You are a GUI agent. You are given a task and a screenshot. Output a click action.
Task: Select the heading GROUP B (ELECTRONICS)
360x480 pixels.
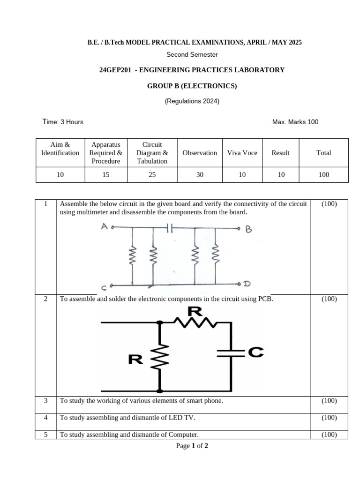pyautogui.click(x=192, y=86)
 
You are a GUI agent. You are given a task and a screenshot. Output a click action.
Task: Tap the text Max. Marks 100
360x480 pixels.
pyautogui.click(x=295, y=122)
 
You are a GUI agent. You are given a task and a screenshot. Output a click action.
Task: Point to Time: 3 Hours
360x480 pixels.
pyautogui.click(x=63, y=122)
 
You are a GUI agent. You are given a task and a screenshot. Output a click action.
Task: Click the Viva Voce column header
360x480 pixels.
pyautogui.click(x=242, y=153)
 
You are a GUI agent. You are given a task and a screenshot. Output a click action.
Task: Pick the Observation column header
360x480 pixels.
pyautogui.click(x=200, y=153)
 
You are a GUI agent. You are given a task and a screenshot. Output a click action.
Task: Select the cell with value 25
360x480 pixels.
pyautogui.click(x=152, y=175)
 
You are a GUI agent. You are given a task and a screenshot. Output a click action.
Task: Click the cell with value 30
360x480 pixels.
pyautogui.click(x=200, y=175)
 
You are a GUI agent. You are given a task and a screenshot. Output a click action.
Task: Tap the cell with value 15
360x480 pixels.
pyautogui.click(x=106, y=175)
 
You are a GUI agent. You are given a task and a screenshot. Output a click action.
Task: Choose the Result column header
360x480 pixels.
pyautogui.click(x=280, y=153)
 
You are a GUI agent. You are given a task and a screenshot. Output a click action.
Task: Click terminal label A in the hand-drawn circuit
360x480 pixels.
pyautogui.click(x=104, y=227)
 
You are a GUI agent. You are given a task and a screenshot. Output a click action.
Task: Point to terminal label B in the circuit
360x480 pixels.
pyautogui.click(x=249, y=229)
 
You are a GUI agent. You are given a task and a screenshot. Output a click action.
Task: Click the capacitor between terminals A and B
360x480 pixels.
pyautogui.click(x=171, y=228)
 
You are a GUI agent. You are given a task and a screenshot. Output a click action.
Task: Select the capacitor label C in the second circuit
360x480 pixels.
pyautogui.click(x=255, y=352)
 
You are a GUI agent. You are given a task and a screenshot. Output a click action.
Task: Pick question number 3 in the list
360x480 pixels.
pyautogui.click(x=46, y=401)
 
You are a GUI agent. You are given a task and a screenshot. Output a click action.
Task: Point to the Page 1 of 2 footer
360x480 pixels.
pyautogui.click(x=192, y=446)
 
